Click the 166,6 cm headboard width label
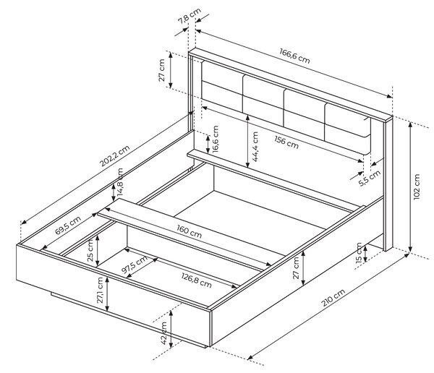point(294,56)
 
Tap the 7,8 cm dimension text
point(190,17)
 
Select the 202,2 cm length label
point(114,156)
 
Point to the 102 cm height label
point(417,186)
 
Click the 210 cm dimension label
point(333,298)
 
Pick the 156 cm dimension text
point(286,142)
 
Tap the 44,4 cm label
point(255,147)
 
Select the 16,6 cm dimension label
point(216,140)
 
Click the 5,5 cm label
point(370,179)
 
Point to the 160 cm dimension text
point(190,231)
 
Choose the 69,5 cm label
point(68,226)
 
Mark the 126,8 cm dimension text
point(197,280)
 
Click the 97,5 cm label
point(135,265)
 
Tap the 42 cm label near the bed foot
point(164,333)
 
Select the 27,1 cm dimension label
point(100,290)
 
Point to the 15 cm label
point(359,252)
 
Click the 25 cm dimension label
point(90,250)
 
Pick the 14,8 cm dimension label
point(120,181)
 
